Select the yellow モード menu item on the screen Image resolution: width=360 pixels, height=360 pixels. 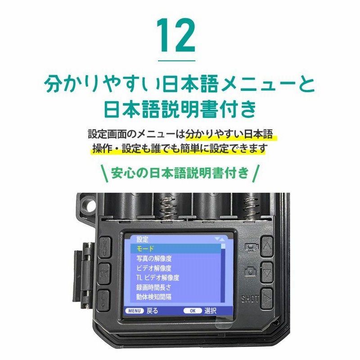[x=145, y=248]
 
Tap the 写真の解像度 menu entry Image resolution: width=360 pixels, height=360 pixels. [x=154, y=258]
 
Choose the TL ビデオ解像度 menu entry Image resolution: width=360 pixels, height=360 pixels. [x=157, y=278]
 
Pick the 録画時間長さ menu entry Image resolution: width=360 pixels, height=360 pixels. [x=153, y=287]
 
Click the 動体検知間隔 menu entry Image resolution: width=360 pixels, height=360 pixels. [x=153, y=297]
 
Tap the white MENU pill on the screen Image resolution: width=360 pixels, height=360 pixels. [x=135, y=310]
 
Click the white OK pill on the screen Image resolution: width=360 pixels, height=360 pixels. [x=193, y=310]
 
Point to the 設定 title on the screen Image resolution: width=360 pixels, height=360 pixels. [x=142, y=239]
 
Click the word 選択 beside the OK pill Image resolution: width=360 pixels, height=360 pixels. [x=210, y=310]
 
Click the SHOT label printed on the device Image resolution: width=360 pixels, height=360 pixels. [x=250, y=298]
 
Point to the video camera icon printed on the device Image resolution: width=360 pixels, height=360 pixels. [x=250, y=247]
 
